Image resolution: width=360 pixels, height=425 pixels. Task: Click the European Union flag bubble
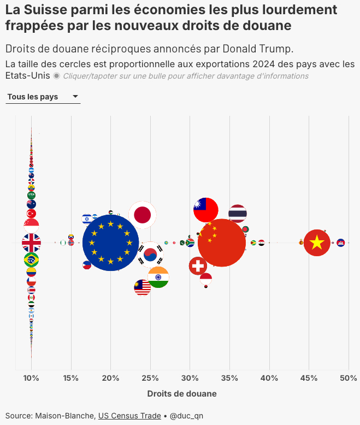pos(111,243)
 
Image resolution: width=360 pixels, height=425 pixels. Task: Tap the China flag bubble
pos(221,243)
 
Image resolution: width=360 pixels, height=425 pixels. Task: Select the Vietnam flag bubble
pos(317,243)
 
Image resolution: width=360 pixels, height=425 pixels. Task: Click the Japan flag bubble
pos(143,215)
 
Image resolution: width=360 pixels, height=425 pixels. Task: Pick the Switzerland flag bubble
pos(198,266)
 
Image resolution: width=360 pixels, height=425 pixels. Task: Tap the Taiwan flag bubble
pos(206,210)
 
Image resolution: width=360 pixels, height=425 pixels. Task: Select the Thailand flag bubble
pos(238,214)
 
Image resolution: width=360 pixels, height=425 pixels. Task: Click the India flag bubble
pos(158,277)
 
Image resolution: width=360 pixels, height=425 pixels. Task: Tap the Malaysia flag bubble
pos(143,287)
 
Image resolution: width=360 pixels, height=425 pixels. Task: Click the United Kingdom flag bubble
pos(31,243)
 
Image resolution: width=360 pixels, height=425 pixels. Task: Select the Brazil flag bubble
pos(31,259)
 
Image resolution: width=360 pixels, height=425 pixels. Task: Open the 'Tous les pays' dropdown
pos(43,97)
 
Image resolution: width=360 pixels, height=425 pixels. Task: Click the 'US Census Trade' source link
pos(129,416)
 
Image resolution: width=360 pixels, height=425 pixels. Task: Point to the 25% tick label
pos(150,378)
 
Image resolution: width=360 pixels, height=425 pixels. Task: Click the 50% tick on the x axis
pos(349,378)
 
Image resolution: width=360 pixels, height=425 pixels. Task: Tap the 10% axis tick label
pos(31,378)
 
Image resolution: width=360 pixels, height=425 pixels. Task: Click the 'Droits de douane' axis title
pos(182,393)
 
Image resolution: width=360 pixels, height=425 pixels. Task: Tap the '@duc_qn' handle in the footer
pos(186,416)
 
